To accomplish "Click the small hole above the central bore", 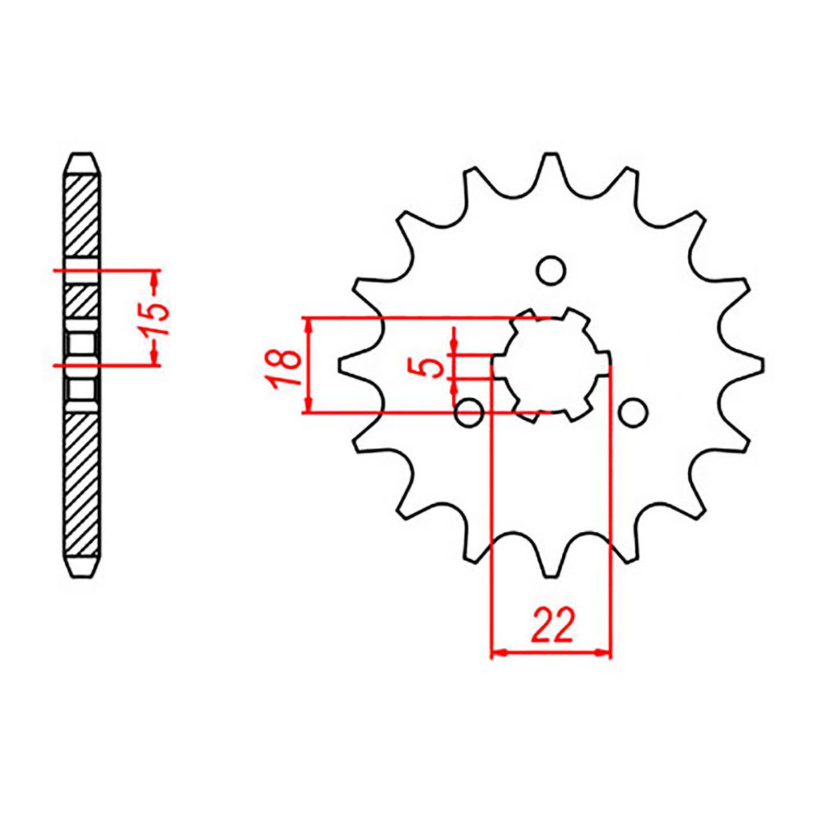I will tap(551, 270).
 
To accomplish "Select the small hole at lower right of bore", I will tap(633, 412).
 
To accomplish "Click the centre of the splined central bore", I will tap(550, 366).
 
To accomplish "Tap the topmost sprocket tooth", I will tap(550, 166).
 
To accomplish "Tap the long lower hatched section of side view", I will tap(82, 485).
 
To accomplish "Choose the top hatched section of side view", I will tap(82, 214).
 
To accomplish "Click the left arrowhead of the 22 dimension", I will tap(497, 653).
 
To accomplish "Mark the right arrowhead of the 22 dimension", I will tap(605, 653).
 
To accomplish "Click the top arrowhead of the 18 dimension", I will tap(307, 325).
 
